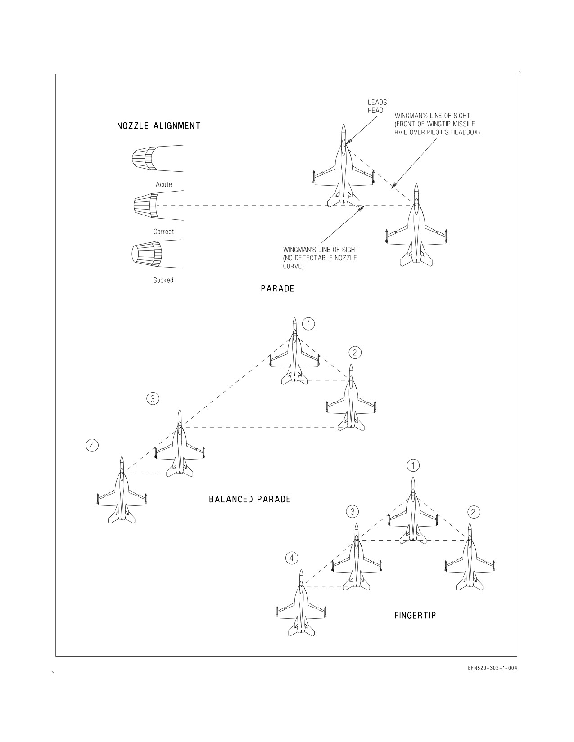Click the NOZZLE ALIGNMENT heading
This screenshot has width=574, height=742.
click(158, 126)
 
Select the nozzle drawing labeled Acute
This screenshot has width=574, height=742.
click(158, 158)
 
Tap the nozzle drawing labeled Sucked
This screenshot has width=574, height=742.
click(156, 254)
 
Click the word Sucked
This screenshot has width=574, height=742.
click(163, 280)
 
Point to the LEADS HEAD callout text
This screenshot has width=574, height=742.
click(377, 106)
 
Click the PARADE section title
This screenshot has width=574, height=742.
click(277, 289)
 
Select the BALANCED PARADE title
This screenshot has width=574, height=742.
click(249, 500)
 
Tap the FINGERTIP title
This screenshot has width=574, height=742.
click(415, 616)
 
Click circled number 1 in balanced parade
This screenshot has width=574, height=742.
click(309, 323)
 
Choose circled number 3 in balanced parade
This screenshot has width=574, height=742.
click(153, 398)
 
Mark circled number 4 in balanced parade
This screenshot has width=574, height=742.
click(92, 445)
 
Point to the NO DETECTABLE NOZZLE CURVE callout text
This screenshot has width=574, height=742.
click(321, 258)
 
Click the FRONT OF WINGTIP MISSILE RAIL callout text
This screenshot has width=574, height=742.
click(437, 124)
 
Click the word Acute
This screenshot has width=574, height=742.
click(164, 185)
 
